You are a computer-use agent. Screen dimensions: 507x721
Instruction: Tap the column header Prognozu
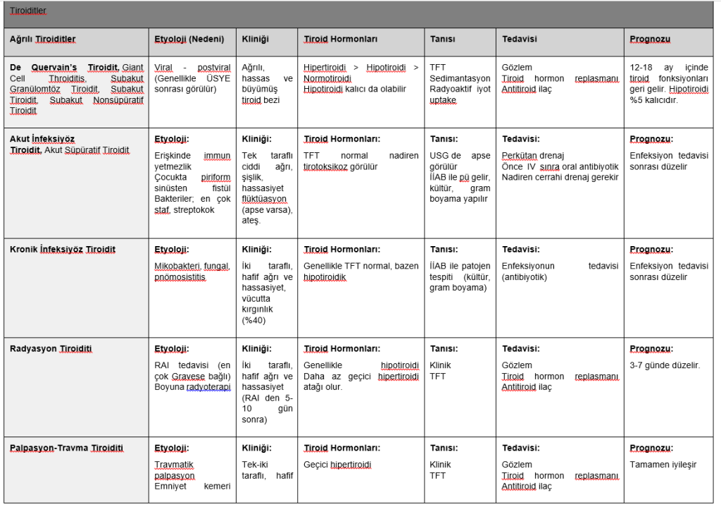(649, 39)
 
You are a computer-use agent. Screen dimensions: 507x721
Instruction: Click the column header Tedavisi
(520, 39)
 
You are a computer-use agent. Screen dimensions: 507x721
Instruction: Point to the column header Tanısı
(443, 39)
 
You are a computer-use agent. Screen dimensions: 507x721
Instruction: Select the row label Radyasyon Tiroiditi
(51, 348)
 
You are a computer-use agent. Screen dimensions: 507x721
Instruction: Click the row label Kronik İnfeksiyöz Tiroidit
(63, 249)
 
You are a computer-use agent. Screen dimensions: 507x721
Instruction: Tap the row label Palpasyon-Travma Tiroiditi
(67, 448)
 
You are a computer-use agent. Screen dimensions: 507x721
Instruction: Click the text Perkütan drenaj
(533, 155)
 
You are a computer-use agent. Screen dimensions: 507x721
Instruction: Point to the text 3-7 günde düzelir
(665, 365)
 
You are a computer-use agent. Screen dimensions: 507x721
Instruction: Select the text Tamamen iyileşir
(663, 465)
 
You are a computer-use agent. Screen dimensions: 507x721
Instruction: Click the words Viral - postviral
(192, 66)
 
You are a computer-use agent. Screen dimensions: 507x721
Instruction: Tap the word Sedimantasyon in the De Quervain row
(460, 78)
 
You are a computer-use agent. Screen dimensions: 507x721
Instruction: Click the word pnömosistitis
(180, 277)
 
